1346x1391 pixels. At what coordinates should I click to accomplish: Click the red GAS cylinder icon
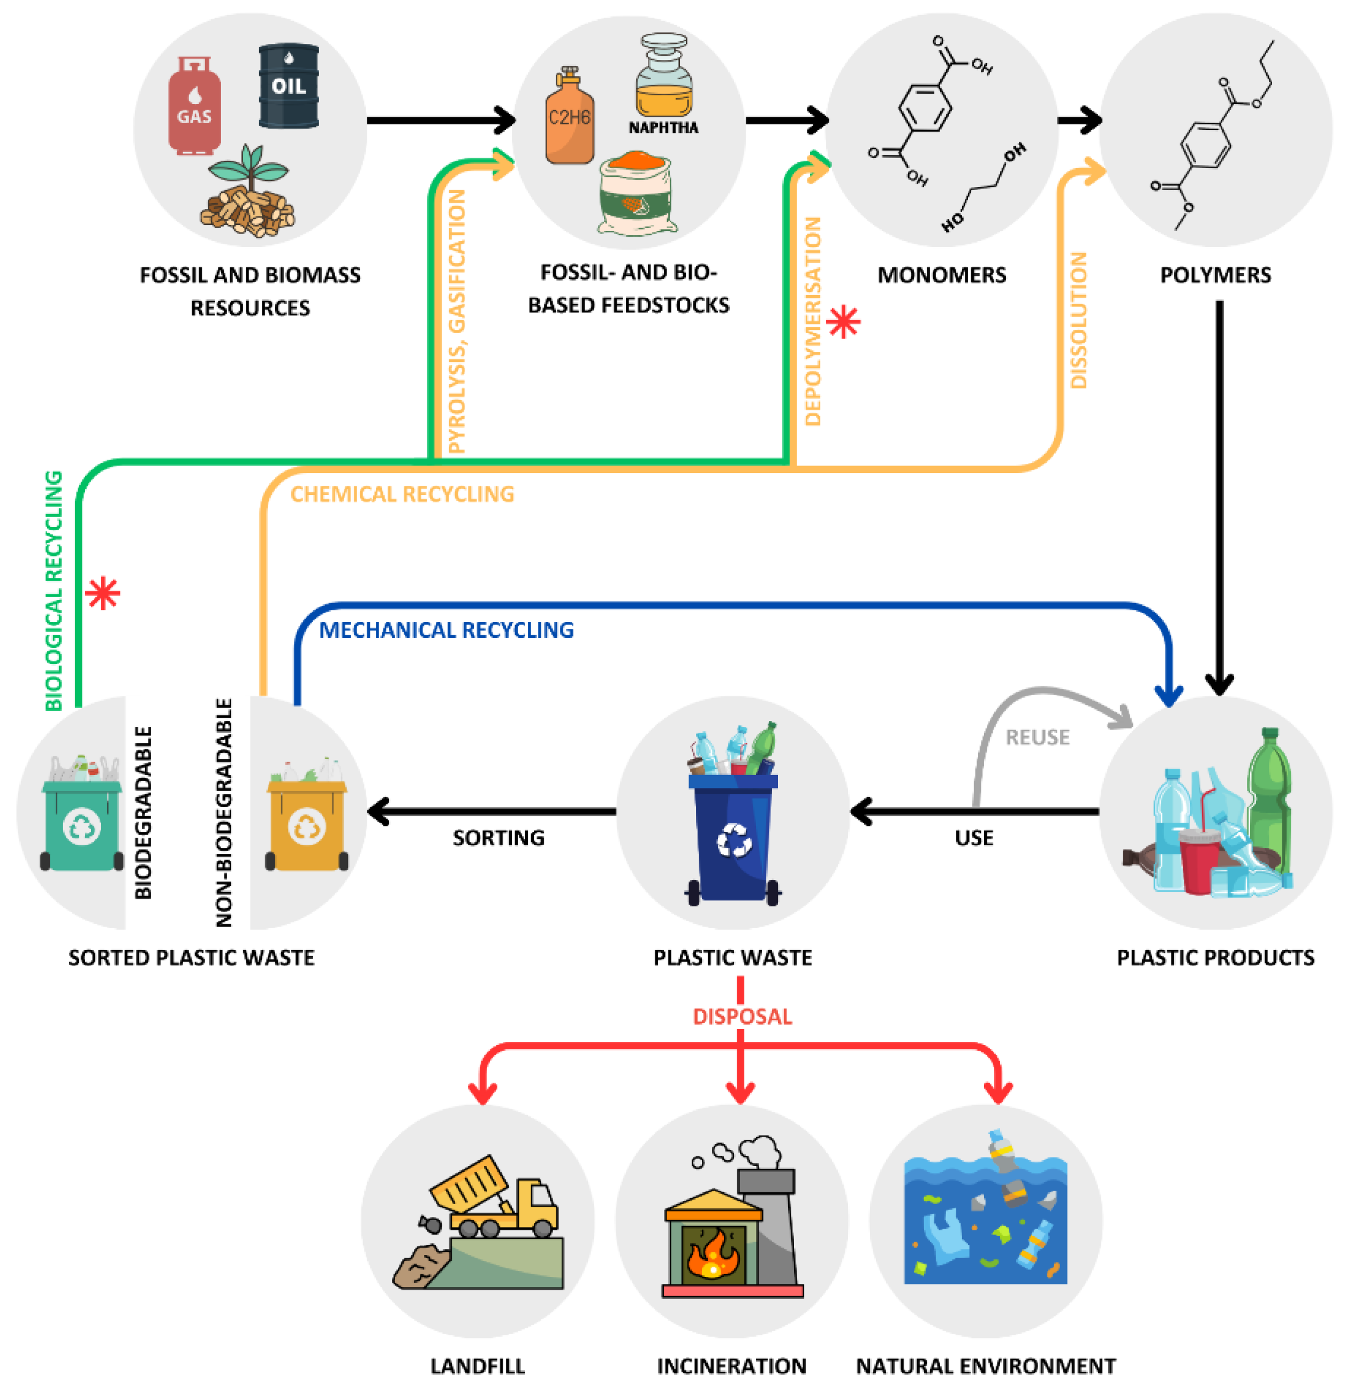point(194,107)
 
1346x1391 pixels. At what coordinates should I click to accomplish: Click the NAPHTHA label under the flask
point(663,127)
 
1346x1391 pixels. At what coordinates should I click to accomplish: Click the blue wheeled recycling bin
point(733,838)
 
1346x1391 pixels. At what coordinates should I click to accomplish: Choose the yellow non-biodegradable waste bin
point(307,823)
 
